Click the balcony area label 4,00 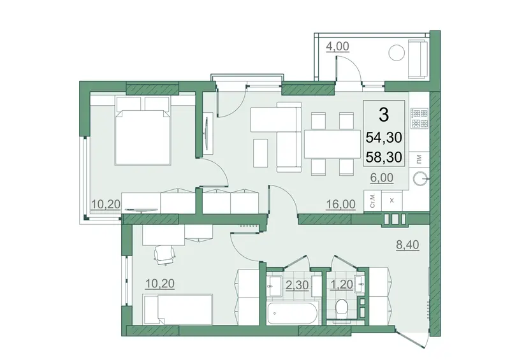[x=337, y=46]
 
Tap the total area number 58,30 [x=384, y=157]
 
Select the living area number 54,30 [x=384, y=138]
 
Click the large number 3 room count [x=384, y=115]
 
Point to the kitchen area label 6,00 [x=382, y=178]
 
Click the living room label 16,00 [x=341, y=205]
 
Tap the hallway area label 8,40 [x=407, y=244]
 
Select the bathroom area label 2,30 [x=297, y=285]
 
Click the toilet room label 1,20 [x=342, y=285]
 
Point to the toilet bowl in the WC [x=342, y=306]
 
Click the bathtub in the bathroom [x=292, y=314]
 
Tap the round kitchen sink [x=420, y=178]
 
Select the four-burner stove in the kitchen [x=419, y=118]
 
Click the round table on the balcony [x=397, y=52]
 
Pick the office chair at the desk [x=164, y=255]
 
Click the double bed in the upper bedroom [x=143, y=131]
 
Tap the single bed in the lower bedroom [x=178, y=309]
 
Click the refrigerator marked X [x=392, y=201]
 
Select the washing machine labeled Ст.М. [x=372, y=201]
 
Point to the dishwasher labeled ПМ [x=419, y=159]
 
